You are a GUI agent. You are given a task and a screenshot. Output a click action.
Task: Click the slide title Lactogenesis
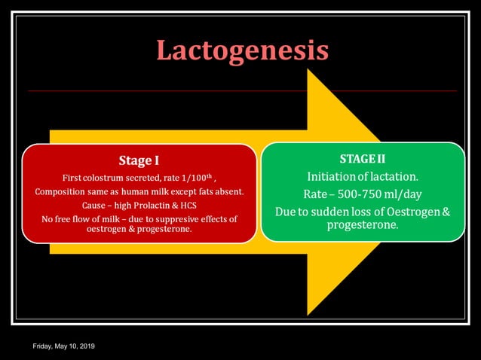242,50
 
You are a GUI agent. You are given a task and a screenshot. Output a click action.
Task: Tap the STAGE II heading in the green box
363,158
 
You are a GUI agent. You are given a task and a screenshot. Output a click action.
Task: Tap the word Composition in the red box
62,191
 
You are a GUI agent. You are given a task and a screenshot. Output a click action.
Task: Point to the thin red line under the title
242,91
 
